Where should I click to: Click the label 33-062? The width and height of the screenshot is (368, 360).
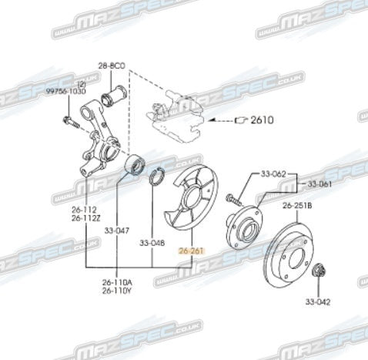click(x=273, y=174)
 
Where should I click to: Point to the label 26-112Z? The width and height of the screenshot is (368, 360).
click(x=85, y=218)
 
